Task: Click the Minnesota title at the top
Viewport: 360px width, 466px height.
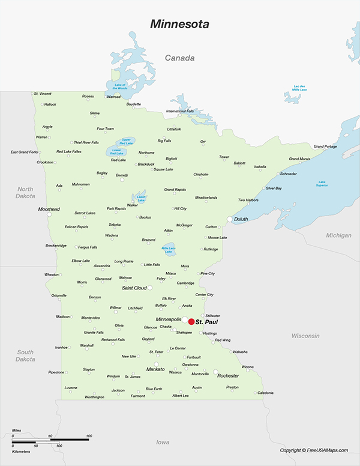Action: (179, 25)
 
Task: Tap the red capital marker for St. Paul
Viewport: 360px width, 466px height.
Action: (191, 322)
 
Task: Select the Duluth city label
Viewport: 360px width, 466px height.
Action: (241, 219)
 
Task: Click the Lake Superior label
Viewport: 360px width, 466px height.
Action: (322, 183)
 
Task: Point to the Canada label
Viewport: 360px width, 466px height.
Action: (180, 58)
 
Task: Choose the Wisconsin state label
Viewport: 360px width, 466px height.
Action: (305, 336)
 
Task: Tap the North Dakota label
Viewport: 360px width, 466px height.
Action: (25, 193)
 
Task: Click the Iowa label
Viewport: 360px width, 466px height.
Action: (163, 442)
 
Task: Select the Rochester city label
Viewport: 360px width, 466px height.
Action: (228, 376)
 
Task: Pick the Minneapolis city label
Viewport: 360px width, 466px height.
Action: (168, 319)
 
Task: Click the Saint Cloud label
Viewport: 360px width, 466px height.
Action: (134, 288)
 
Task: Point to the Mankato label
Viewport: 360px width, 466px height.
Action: (155, 370)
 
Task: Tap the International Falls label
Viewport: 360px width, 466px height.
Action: (180, 111)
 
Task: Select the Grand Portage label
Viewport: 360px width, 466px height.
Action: (325, 147)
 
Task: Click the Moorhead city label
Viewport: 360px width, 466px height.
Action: (49, 209)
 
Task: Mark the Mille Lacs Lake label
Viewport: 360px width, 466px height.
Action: (168, 250)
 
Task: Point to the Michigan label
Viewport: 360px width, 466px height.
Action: (339, 235)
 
